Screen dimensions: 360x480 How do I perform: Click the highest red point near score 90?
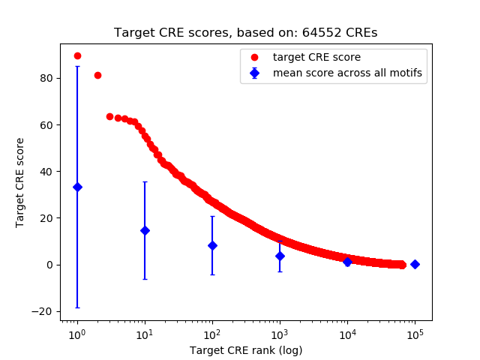point(77,56)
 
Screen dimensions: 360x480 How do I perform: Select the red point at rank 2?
point(97,75)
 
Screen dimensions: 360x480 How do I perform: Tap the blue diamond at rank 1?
point(77,187)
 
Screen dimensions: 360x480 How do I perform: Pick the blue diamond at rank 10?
point(145,230)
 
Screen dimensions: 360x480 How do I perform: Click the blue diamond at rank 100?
point(212,245)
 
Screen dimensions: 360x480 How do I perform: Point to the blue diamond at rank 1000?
point(280,256)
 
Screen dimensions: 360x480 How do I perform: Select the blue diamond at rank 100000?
point(415,264)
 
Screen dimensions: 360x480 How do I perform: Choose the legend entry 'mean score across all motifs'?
point(346,73)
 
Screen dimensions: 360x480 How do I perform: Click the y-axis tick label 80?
point(46,78)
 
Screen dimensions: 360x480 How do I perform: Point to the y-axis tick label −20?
point(42,311)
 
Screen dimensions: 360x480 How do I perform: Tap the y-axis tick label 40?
point(46,171)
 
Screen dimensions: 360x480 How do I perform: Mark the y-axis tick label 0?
point(49,265)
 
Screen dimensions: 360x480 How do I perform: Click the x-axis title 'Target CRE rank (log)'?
point(246,350)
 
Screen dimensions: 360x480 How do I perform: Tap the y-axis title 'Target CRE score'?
point(20,182)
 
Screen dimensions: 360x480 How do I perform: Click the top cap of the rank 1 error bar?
point(77,66)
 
